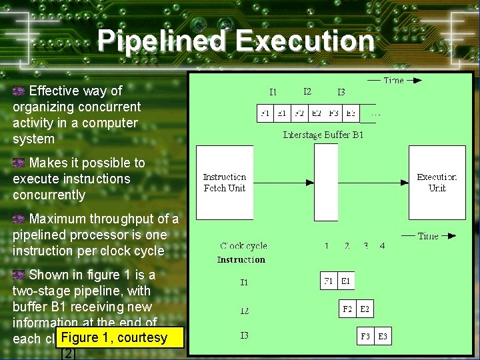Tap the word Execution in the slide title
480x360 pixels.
tap(305, 41)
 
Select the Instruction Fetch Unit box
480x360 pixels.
tap(225, 183)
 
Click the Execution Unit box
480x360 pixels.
tap(437, 183)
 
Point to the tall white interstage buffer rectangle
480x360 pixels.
tap(326, 182)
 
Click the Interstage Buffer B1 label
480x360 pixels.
tap(323, 135)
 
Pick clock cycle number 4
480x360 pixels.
tap(382, 246)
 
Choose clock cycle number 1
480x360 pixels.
tap(327, 246)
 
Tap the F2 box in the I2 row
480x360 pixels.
tap(347, 309)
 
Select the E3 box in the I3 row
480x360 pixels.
tap(382, 337)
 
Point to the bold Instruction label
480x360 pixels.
tap(241, 259)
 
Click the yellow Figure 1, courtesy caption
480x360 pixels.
tap(120, 338)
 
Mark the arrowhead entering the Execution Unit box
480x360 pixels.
tap(405, 183)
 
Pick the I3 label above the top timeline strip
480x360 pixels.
tap(341, 92)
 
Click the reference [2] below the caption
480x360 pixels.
tap(69, 353)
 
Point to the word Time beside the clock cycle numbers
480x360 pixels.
tap(427, 235)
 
